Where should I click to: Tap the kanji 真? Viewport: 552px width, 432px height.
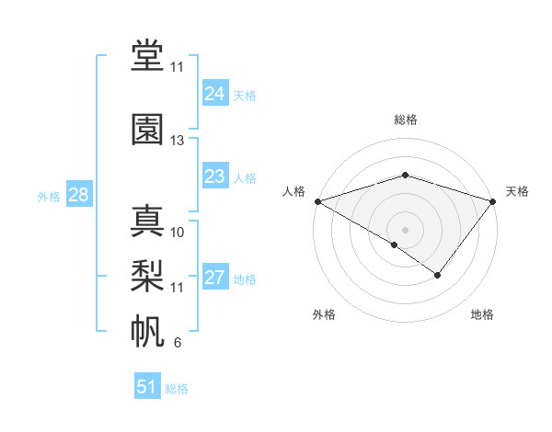[148, 222]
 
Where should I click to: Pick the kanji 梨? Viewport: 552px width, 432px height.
[148, 275]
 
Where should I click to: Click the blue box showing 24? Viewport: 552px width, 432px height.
[214, 94]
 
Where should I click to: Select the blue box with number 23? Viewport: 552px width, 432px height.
[214, 176]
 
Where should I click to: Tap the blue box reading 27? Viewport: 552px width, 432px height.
[214, 279]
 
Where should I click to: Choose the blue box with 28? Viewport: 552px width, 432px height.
[78, 195]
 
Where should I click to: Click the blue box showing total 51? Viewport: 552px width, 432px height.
[147, 387]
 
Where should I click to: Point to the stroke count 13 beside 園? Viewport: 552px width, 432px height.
[178, 141]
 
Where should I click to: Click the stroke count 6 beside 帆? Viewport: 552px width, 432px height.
[177, 344]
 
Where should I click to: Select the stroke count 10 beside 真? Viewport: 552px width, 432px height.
[178, 233]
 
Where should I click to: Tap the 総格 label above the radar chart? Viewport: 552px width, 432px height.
[405, 119]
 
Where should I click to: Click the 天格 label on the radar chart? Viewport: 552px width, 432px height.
[517, 191]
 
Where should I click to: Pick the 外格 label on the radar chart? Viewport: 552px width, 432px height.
[324, 314]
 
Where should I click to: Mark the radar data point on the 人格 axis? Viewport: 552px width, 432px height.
[317, 201]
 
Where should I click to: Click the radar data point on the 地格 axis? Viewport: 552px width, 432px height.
[438, 275]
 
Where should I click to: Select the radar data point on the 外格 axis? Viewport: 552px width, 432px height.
[395, 244]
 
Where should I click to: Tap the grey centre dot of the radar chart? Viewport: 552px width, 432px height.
[405, 229]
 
